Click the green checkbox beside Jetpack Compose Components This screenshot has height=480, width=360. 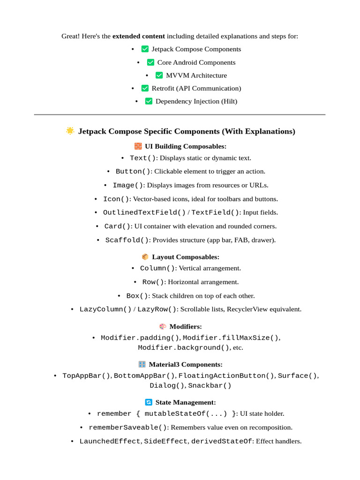click(x=145, y=49)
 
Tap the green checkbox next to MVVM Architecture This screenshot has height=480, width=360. click(x=159, y=75)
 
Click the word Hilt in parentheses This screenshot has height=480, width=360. click(x=229, y=101)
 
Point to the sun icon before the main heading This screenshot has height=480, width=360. click(x=70, y=131)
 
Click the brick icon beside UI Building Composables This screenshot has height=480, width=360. click(x=138, y=146)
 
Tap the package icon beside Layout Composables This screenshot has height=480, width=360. click(x=145, y=257)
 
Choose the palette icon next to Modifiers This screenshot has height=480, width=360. click(x=163, y=326)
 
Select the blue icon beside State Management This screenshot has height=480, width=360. click(x=149, y=402)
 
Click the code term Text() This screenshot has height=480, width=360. click(x=142, y=158)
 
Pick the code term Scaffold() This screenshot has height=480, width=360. click(x=127, y=240)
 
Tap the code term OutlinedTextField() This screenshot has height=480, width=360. click(x=144, y=212)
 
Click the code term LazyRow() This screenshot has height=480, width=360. click(x=157, y=309)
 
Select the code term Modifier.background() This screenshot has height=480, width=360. click(x=184, y=348)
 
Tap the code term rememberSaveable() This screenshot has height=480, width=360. click(x=127, y=427)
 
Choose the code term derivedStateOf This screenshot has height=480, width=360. click(x=221, y=441)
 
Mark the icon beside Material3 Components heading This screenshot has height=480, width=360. click(x=142, y=364)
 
